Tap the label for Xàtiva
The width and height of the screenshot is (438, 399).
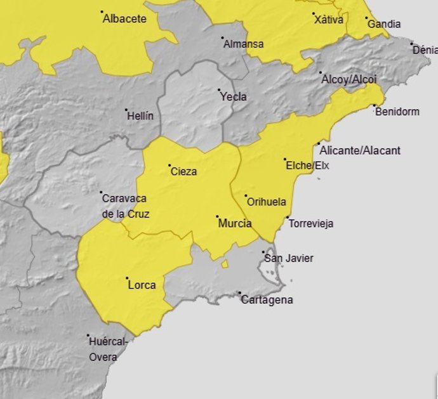(x=329, y=20)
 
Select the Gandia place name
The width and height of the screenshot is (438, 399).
(x=384, y=24)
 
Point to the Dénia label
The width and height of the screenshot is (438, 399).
(x=423, y=51)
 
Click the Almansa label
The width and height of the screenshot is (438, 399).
(x=243, y=44)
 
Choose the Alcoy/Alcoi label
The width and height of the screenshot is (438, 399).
(x=349, y=80)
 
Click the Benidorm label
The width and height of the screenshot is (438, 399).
(x=397, y=112)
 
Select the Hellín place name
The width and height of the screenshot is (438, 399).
(x=140, y=116)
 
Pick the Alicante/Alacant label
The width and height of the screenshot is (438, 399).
(x=360, y=150)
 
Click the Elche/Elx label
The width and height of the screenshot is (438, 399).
(x=308, y=166)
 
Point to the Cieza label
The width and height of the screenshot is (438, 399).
(x=183, y=171)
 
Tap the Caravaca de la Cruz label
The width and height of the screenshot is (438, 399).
(x=125, y=206)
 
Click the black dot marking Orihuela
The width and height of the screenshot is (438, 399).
(x=246, y=195)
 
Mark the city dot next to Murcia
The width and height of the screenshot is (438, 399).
(x=217, y=216)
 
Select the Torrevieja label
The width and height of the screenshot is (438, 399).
(x=310, y=224)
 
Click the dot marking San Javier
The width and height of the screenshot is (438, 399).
(x=264, y=252)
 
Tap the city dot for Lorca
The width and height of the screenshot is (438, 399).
(x=127, y=278)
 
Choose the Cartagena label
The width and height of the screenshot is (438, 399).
(x=267, y=300)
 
